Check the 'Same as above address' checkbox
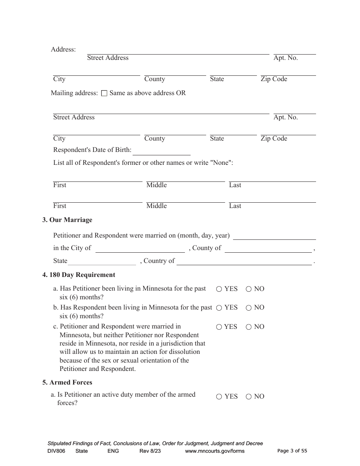tap(105, 93)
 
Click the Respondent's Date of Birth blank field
tap(161, 151)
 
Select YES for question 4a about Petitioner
tap(219, 289)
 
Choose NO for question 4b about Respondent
tap(249, 308)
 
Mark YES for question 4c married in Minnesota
tap(219, 327)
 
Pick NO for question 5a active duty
tap(249, 397)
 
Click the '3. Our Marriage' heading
tap(67, 220)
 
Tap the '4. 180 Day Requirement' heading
tap(78, 275)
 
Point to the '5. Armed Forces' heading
tap(67, 383)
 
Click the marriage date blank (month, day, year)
tap(274, 236)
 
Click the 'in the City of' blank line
tap(140, 249)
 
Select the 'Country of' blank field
tap(244, 261)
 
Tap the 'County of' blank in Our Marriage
tap(268, 249)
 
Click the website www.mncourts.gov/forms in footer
tap(214, 451)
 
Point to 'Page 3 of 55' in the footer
tap(292, 451)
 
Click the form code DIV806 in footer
tap(56, 451)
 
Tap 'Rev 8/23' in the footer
tap(150, 451)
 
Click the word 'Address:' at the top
tap(63, 50)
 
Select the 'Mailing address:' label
tap(74, 93)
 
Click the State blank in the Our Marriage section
tap(102, 261)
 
